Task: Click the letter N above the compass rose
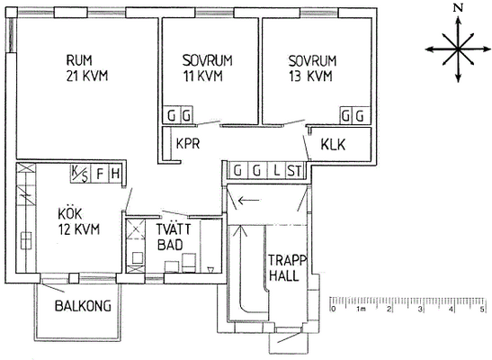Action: (459, 9)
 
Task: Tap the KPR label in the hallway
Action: (188, 144)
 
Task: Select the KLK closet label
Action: (333, 145)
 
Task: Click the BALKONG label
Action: (83, 306)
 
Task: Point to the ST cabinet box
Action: (295, 171)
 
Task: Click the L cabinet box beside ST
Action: (277, 171)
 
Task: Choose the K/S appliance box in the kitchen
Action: (80, 174)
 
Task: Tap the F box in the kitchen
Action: (100, 174)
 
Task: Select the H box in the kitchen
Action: (115, 174)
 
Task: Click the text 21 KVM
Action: (87, 76)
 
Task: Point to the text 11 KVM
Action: (202, 76)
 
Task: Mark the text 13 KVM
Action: (310, 76)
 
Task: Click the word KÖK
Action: (69, 213)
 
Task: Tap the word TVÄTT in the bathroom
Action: (174, 229)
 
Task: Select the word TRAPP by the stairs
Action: (288, 260)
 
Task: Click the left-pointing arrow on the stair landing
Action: (249, 200)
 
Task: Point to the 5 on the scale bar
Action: (481, 310)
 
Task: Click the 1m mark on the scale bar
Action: (361, 310)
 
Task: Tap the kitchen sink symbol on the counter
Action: (26, 240)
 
